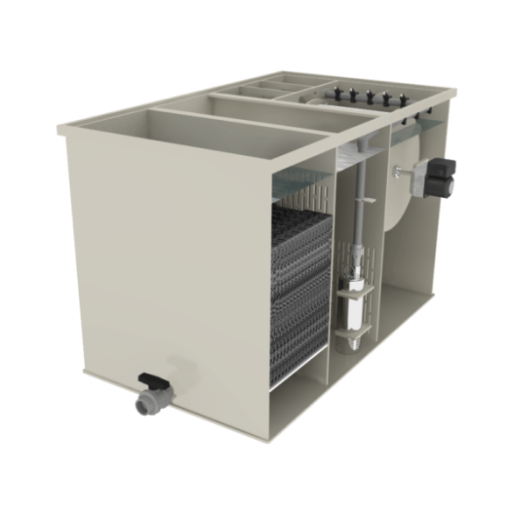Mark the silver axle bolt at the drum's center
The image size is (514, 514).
[398, 173]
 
